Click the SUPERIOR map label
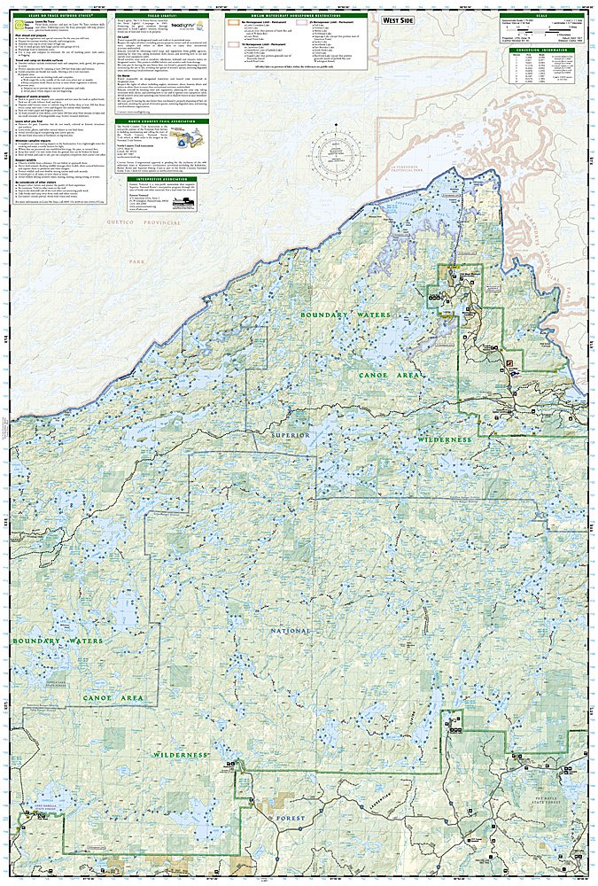pyautogui.click(x=290, y=436)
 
